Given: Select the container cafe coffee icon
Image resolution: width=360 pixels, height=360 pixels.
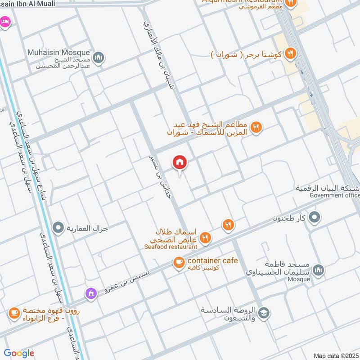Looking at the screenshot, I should [179, 262].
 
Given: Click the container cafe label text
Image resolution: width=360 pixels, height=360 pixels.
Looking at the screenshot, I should [212, 261].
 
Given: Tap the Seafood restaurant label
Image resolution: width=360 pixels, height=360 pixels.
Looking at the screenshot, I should [171, 247].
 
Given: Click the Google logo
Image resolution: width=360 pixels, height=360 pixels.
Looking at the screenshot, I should [18, 353].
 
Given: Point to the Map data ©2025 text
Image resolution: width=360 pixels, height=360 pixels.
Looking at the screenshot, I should [335, 356].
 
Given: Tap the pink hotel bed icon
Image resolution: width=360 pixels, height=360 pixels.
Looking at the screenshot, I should [4, 21].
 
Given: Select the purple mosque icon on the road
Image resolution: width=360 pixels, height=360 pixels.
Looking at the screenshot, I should [92, 293].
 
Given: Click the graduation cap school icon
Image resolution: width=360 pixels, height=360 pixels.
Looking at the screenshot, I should [265, 314].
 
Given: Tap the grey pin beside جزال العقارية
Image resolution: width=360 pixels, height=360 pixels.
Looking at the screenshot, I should [58, 228].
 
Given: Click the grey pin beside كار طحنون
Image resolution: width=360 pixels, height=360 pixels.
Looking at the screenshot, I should [315, 218].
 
